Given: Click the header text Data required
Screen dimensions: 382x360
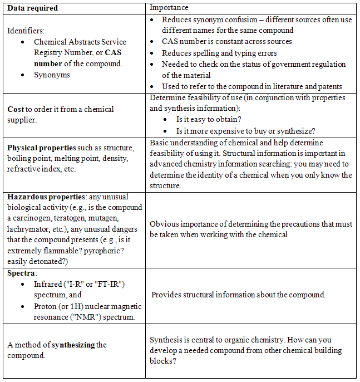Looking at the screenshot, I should [x=33, y=8].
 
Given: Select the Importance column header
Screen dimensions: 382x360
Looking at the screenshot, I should [x=169, y=8].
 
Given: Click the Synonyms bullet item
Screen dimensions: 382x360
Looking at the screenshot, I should [x=52, y=75].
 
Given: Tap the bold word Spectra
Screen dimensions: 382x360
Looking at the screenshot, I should [x=21, y=273].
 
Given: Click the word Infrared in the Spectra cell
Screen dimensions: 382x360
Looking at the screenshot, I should [x=48, y=284].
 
